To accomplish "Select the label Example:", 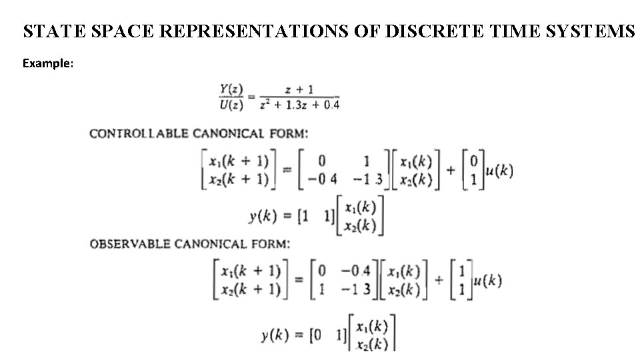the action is click(x=48, y=63).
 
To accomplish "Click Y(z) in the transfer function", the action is click(x=231, y=90).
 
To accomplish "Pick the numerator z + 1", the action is click(x=299, y=90).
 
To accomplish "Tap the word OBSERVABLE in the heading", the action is click(x=130, y=244).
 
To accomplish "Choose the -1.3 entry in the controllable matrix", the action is click(x=368, y=179).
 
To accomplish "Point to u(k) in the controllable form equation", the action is click(x=499, y=171).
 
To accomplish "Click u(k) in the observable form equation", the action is click(x=486, y=280).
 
